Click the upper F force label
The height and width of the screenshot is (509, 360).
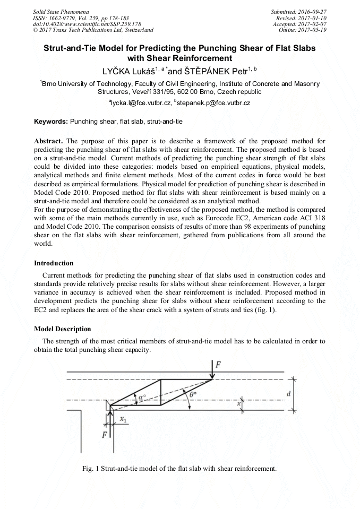tap(218, 365)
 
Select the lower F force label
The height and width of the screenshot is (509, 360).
tap(105, 434)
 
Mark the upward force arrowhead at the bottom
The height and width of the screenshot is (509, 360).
tap(110, 413)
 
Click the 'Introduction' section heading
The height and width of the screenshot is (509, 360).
tap(54, 263)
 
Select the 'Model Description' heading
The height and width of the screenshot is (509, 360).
tap(62, 329)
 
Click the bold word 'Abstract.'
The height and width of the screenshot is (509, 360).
tap(49, 142)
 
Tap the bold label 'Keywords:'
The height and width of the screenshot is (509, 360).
tap(51, 122)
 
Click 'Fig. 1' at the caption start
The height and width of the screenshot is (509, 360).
tap(91, 469)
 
